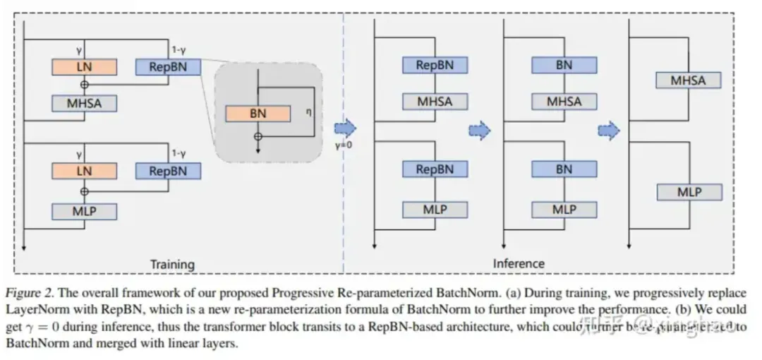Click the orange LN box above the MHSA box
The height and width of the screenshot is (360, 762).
click(84, 67)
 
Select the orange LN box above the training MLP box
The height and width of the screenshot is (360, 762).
click(84, 170)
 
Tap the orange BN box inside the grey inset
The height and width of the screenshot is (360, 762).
click(258, 113)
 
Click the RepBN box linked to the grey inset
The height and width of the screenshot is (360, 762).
click(168, 67)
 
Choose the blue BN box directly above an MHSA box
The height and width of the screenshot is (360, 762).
click(564, 65)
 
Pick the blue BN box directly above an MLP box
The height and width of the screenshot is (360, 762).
click(564, 169)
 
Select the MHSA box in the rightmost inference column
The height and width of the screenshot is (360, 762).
click(688, 80)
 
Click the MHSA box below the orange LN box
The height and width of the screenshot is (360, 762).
click(84, 103)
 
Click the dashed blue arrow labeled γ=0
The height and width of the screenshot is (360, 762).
click(346, 128)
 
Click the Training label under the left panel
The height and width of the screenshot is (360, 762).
click(172, 264)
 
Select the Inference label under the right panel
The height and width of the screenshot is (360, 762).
click(519, 263)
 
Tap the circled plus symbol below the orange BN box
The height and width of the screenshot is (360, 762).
click(258, 135)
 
